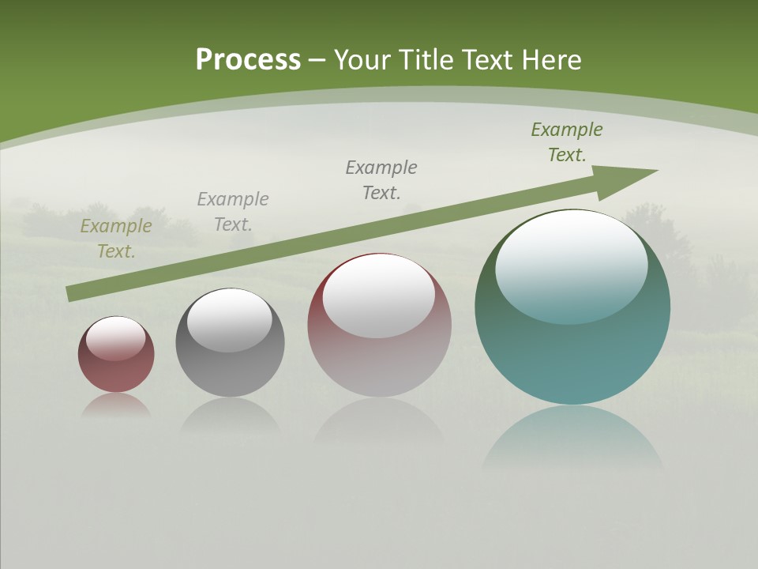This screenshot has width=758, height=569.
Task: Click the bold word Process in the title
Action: click(x=248, y=60)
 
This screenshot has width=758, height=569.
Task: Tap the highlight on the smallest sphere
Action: click(x=115, y=338)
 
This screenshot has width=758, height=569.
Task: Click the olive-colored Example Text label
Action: click(x=116, y=239)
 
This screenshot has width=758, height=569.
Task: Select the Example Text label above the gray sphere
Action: click(x=233, y=212)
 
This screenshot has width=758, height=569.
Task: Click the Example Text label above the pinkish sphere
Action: click(x=381, y=179)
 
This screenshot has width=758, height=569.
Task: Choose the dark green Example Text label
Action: click(x=566, y=141)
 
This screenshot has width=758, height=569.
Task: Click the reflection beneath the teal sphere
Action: click(x=572, y=439)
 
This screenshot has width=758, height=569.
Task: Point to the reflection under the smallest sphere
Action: click(x=116, y=405)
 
